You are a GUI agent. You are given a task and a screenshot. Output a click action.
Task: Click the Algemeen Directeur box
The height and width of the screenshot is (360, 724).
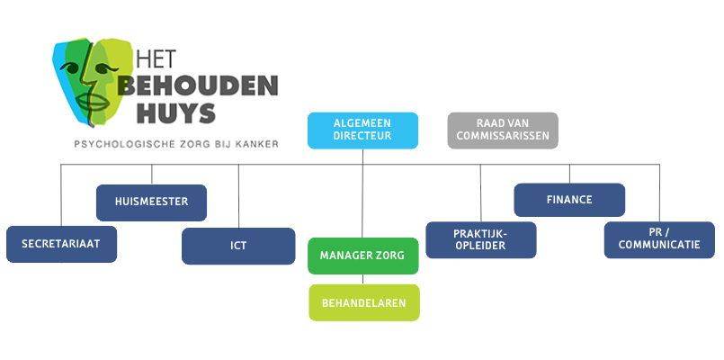click(x=362, y=130)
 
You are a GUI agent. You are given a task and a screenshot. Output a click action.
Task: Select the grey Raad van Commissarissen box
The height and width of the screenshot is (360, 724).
click(x=503, y=130)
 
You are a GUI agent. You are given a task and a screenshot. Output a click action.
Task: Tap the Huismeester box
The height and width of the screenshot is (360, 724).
click(x=151, y=202)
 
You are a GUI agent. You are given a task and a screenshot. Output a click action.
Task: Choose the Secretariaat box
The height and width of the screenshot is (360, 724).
click(x=61, y=243)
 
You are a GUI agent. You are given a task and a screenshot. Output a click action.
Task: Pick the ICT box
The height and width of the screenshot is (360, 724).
click(x=238, y=246)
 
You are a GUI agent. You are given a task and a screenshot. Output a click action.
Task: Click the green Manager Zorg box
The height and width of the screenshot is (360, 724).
click(x=362, y=256)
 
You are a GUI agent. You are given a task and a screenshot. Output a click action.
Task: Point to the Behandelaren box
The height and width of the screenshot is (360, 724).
click(x=364, y=302)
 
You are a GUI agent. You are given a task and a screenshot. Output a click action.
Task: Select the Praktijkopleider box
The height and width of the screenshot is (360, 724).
click(x=480, y=239)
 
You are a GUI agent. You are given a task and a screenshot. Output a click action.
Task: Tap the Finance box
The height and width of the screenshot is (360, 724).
click(x=568, y=200)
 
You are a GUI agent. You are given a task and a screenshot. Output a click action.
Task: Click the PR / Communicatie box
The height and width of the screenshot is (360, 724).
click(x=659, y=239)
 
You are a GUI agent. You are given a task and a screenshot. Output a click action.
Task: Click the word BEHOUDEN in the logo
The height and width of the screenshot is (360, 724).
click(x=197, y=87)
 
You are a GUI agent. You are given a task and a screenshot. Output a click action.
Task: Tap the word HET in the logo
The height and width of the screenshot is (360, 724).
click(x=154, y=58)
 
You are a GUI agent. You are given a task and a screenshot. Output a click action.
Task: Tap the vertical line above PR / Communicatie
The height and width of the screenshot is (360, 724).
click(x=659, y=193)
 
